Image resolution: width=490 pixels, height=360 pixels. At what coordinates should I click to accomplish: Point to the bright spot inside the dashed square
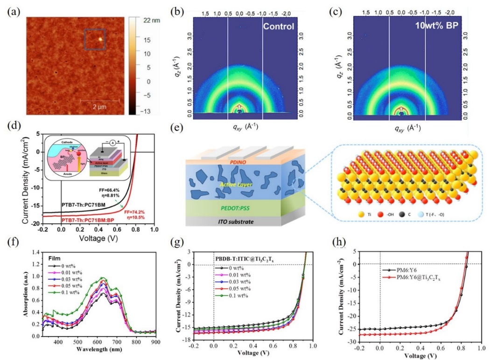(x=99, y=39)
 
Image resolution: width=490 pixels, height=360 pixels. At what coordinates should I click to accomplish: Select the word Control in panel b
(x=279, y=26)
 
